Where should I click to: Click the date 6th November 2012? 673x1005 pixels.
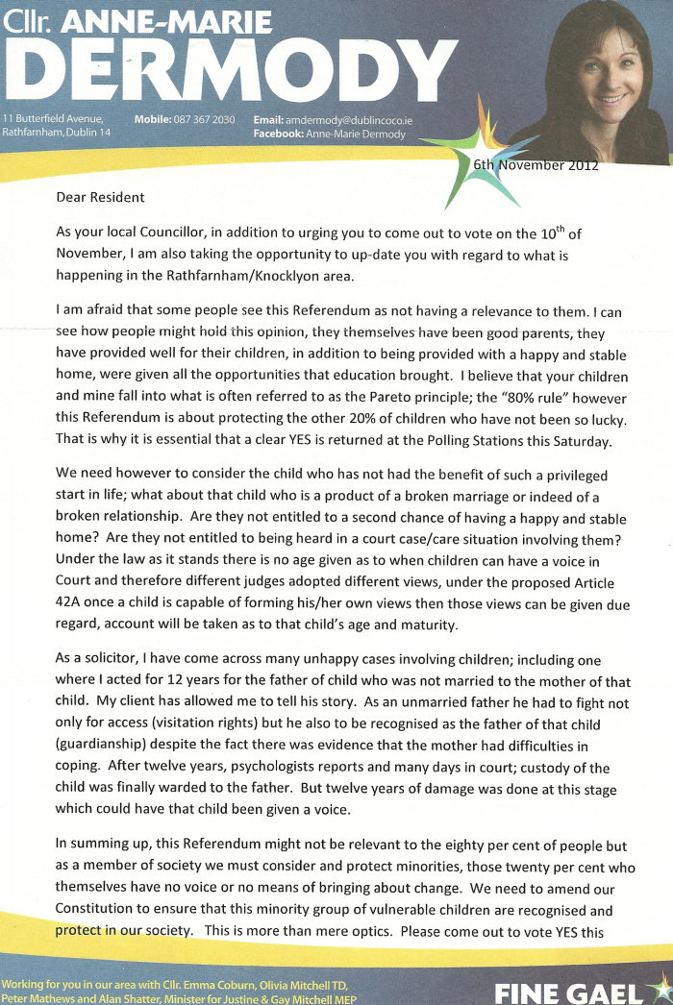[x=535, y=164]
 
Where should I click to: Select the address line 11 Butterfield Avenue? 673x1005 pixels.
[x=56, y=119]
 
